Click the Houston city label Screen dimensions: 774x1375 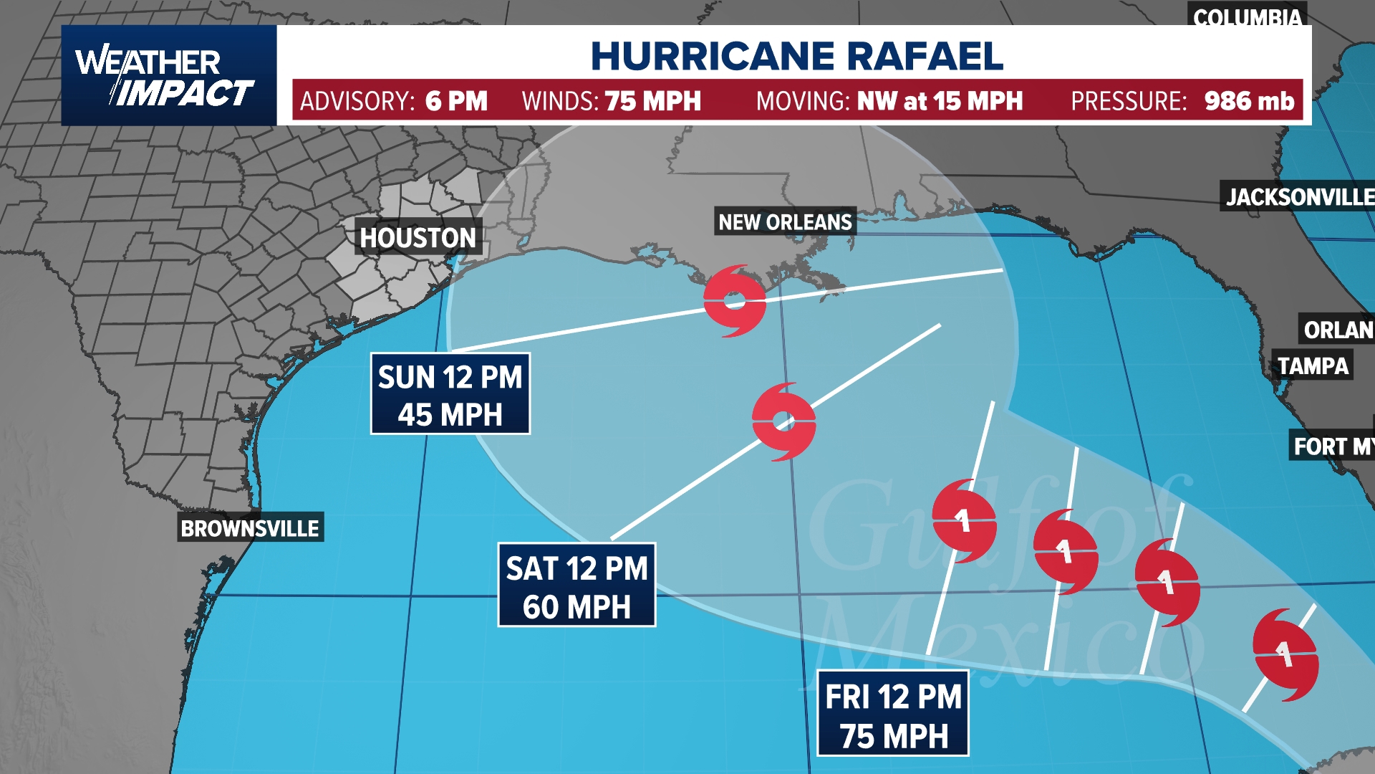point(418,237)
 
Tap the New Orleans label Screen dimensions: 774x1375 point(785,222)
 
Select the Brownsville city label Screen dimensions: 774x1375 point(250,528)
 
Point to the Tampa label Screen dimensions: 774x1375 point(1313,366)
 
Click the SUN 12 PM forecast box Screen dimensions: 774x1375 point(450,394)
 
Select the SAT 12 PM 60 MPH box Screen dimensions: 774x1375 point(576,586)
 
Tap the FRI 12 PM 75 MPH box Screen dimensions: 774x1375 point(893,714)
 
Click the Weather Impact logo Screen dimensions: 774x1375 point(169,76)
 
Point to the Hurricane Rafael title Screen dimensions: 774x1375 point(796,56)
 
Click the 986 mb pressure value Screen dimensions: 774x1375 point(1249,101)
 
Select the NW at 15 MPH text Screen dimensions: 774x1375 point(940,101)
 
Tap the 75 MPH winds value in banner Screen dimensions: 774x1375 point(652,101)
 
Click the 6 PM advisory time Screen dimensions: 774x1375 point(456,101)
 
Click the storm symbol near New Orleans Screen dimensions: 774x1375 point(735,301)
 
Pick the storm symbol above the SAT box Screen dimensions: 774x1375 point(784,421)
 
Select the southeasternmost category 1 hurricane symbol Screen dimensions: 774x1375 point(1285,654)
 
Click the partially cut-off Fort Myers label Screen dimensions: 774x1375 point(1332,446)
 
